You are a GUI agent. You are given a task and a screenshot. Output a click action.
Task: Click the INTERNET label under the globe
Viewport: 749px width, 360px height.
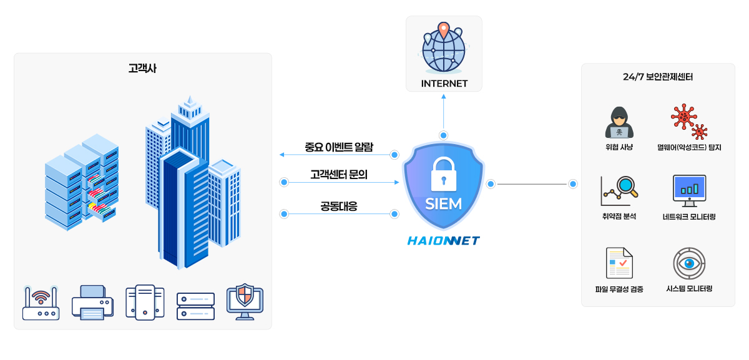pyautogui.click(x=444, y=84)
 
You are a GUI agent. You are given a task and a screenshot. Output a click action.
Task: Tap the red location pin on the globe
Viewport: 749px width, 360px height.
pyautogui.click(x=443, y=30)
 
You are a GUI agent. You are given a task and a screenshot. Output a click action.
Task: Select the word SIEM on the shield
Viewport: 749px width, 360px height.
pyautogui.click(x=443, y=203)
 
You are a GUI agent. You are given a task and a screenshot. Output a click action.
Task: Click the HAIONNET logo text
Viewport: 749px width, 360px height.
pyautogui.click(x=443, y=240)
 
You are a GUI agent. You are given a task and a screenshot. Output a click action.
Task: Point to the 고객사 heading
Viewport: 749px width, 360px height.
pyautogui.click(x=142, y=68)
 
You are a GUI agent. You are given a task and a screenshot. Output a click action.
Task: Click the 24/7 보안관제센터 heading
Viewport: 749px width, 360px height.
pyautogui.click(x=658, y=77)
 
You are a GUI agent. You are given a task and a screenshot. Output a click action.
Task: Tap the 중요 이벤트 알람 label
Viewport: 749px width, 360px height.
pyautogui.click(x=339, y=147)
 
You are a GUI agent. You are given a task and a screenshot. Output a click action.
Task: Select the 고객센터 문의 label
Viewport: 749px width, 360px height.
pyautogui.click(x=339, y=175)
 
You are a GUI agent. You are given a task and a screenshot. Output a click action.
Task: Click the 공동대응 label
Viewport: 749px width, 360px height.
pyautogui.click(x=339, y=206)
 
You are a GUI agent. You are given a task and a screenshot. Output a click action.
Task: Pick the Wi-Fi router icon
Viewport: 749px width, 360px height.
pyautogui.click(x=41, y=303)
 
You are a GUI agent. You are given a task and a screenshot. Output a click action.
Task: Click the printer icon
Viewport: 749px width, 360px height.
pyautogui.click(x=92, y=302)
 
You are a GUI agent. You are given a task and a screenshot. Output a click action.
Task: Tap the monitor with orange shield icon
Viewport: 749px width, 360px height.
pyautogui.click(x=245, y=302)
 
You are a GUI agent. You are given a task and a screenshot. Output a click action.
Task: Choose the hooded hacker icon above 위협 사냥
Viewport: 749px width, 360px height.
pyautogui.click(x=619, y=122)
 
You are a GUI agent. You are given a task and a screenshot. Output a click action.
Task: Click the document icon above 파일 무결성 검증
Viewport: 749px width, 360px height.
pyautogui.click(x=619, y=263)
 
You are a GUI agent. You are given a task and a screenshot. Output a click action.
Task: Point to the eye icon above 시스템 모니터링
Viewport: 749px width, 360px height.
pyautogui.click(x=689, y=263)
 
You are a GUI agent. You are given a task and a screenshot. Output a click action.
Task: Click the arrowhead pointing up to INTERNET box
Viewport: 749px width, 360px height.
pyautogui.click(x=443, y=97)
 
